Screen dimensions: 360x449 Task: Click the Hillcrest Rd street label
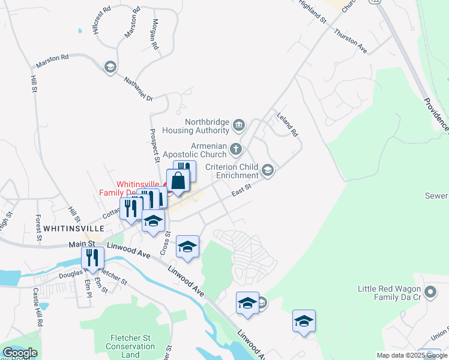(103, 20)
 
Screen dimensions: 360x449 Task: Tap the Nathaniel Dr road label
(139, 89)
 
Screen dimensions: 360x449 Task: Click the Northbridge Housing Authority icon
(239, 125)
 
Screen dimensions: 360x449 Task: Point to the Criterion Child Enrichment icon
(268, 171)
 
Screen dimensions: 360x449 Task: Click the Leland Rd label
(288, 124)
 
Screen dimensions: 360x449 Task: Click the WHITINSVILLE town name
(70, 229)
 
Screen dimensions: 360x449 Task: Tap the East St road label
(241, 191)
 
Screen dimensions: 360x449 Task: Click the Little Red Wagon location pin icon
(430, 292)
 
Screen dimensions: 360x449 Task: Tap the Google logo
(20, 353)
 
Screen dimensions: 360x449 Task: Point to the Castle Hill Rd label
(38, 307)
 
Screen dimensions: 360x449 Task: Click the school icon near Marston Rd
(110, 67)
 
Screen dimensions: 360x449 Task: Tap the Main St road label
(82, 244)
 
